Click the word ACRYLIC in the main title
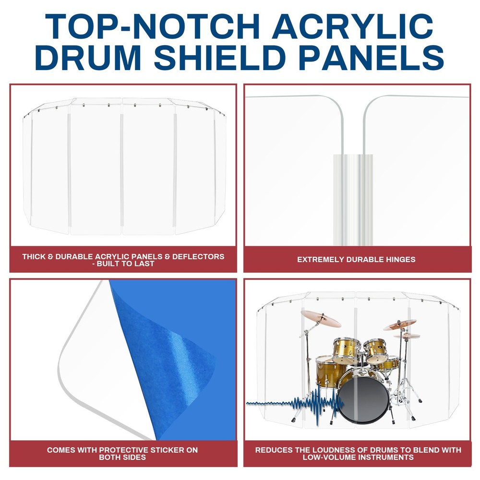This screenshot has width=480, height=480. (352, 26)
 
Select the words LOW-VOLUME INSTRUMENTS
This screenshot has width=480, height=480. (358, 457)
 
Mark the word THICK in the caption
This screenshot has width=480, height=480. (34, 256)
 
